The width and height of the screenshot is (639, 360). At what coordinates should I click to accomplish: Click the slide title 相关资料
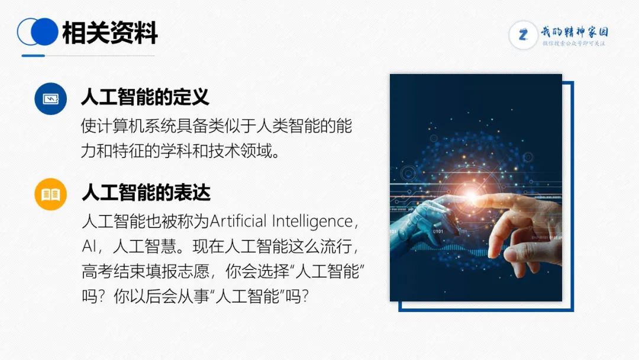(x=109, y=32)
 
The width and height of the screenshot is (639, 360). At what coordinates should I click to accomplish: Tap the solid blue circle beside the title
(x=44, y=32)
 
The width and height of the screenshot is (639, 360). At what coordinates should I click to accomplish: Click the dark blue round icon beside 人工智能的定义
(x=50, y=99)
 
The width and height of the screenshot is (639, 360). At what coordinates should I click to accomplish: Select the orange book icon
(x=50, y=194)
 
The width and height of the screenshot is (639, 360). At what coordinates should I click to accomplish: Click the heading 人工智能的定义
(x=145, y=98)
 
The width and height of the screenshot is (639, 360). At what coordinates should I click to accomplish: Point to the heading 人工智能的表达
(x=146, y=193)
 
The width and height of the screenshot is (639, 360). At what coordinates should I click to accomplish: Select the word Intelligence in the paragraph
(x=312, y=222)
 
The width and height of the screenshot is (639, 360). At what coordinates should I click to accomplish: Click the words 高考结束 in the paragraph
(x=113, y=271)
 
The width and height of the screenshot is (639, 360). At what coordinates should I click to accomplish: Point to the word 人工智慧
(x=145, y=246)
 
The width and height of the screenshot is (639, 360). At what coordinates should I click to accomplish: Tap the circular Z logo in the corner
(x=523, y=35)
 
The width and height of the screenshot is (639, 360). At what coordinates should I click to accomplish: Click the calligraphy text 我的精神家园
(x=575, y=31)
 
